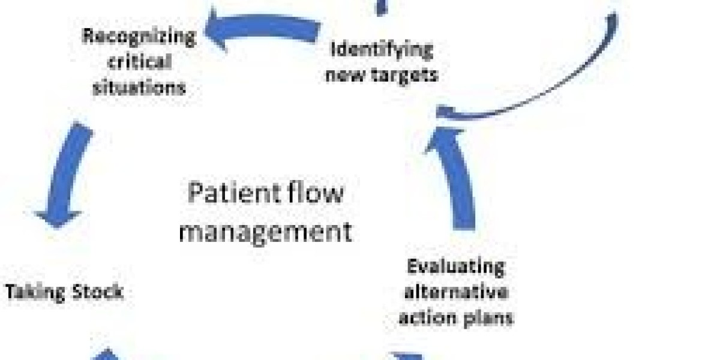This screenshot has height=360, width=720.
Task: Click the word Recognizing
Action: click(139, 37)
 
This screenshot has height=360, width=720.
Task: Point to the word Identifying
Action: click(382, 49)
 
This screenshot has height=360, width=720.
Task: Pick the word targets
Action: click(405, 75)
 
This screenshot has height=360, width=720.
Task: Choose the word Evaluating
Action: click(456, 266)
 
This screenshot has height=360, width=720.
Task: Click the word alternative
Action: click(455, 292)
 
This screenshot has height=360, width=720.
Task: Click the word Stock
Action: click(97, 292)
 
